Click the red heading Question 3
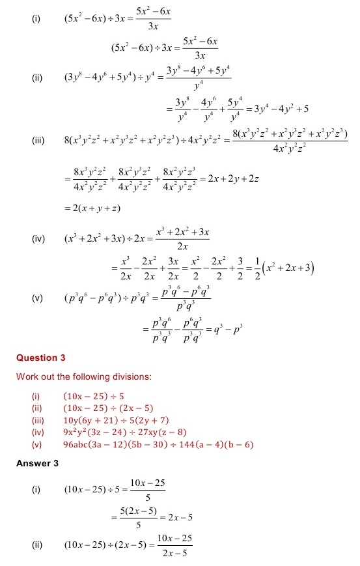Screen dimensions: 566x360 41,358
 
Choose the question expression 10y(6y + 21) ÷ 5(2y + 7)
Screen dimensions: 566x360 116,421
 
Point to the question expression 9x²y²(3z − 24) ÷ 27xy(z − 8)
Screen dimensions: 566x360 125,432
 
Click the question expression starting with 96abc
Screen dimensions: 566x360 158,445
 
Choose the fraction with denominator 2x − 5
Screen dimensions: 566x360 173,547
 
